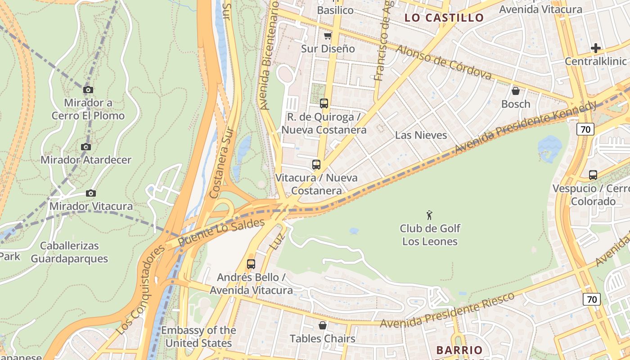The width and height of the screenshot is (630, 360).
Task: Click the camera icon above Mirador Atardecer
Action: [x=85, y=147]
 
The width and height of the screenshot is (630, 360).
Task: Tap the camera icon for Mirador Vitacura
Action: [x=91, y=193]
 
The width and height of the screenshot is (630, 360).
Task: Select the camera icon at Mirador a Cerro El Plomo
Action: [x=88, y=90]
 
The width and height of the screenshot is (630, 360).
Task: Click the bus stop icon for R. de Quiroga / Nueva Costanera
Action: [x=324, y=103]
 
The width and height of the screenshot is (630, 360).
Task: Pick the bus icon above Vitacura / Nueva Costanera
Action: [x=316, y=165]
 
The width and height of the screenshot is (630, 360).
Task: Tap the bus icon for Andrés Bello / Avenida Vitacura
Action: [x=251, y=264]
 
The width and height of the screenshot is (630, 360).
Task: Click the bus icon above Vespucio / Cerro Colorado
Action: [x=593, y=175]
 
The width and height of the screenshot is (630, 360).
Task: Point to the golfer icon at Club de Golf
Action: [x=429, y=215]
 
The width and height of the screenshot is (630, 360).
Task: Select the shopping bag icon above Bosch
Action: [x=516, y=91]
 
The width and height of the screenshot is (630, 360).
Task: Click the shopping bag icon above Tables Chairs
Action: [x=323, y=325]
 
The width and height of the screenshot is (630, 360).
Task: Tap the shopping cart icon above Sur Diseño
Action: [x=328, y=36]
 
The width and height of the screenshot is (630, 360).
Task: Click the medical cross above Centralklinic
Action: [x=596, y=48]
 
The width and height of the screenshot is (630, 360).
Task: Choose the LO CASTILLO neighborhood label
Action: [x=444, y=18]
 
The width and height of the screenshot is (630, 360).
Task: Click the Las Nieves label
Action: [x=421, y=135]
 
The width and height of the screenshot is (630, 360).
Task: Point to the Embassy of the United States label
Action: [x=198, y=337]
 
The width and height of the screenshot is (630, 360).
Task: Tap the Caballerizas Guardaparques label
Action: [x=69, y=252]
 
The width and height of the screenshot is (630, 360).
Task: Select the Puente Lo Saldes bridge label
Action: [x=221, y=232]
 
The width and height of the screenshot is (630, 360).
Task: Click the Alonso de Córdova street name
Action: [x=443, y=63]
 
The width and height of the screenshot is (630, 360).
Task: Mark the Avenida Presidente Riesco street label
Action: [x=447, y=310]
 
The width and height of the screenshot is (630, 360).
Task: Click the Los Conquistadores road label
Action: [x=140, y=291]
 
